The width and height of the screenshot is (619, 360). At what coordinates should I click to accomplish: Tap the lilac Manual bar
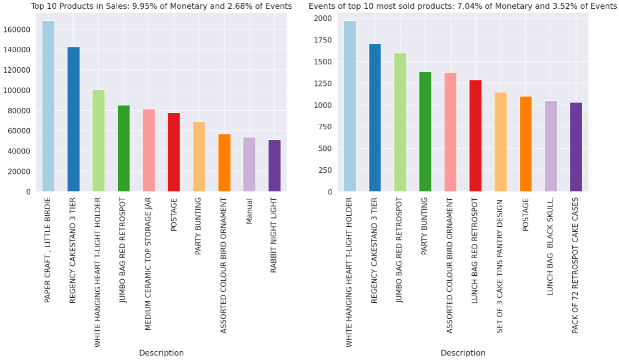tap(249, 165)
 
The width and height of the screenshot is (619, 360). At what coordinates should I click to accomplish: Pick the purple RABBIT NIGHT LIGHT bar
tap(274, 166)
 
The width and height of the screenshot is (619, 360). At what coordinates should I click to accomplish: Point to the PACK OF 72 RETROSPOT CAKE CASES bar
tap(575, 147)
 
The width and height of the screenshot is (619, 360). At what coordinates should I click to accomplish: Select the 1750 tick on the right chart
tap(324, 40)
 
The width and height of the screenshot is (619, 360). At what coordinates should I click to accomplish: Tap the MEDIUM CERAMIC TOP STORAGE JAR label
tap(148, 264)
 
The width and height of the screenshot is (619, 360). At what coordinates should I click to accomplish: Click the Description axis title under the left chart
tap(161, 353)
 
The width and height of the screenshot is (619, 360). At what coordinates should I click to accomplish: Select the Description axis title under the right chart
tap(463, 353)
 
